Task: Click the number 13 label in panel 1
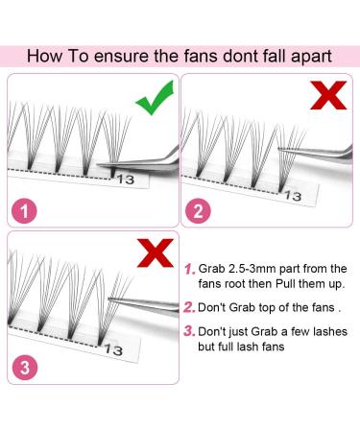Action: click(x=126, y=178)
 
